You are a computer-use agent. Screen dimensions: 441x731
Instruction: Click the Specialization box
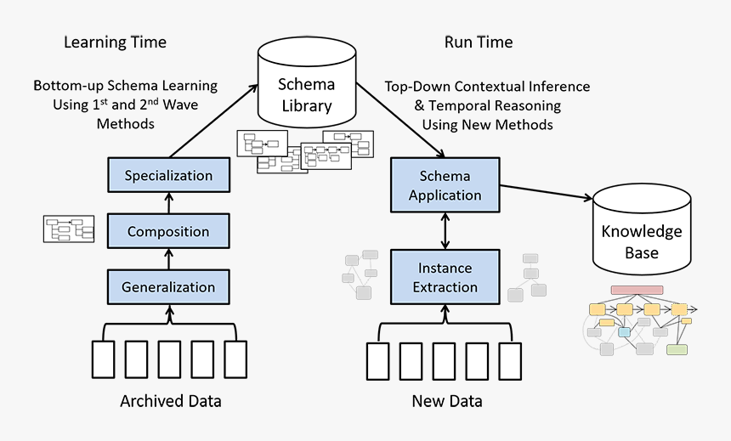pyautogui.click(x=168, y=176)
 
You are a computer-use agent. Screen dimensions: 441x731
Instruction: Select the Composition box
pyautogui.click(x=168, y=231)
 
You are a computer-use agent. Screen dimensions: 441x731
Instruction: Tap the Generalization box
pyautogui.click(x=168, y=286)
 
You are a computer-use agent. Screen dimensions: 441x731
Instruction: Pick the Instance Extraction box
pyautogui.click(x=445, y=277)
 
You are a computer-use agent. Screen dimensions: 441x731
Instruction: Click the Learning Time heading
pyautogui.click(x=115, y=42)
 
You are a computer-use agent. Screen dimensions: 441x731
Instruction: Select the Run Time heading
pyautogui.click(x=479, y=42)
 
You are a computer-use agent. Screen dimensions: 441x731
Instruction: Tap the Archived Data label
pyautogui.click(x=170, y=401)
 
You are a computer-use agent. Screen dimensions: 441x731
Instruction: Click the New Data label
pyautogui.click(x=445, y=401)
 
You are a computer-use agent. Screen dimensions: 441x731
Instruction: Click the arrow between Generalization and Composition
pyautogui.click(x=168, y=259)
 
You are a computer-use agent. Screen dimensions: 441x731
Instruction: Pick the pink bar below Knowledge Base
pyautogui.click(x=637, y=290)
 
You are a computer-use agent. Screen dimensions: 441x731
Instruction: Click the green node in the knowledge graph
pyautogui.click(x=677, y=349)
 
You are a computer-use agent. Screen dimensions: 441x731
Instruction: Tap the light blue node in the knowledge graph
pyautogui.click(x=625, y=331)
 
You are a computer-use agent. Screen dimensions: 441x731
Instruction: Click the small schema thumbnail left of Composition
pyautogui.click(x=69, y=229)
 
